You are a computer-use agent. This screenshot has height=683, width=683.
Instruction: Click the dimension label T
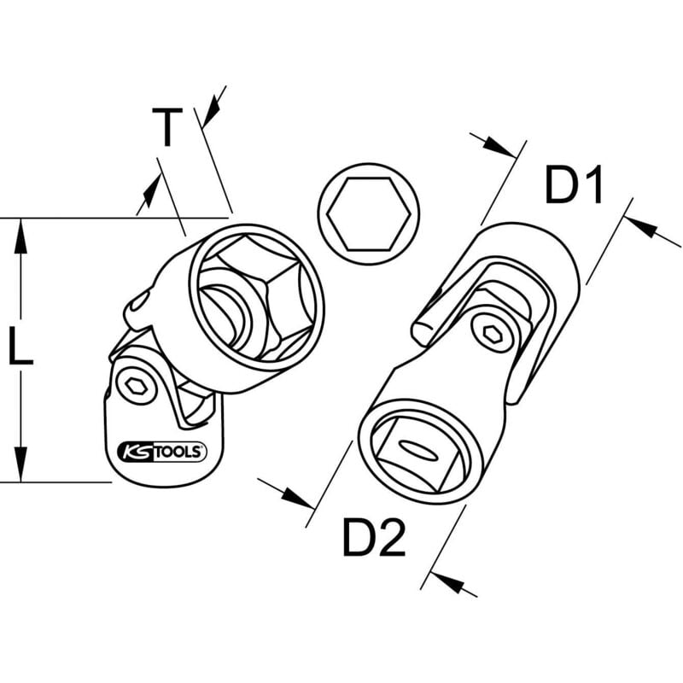click(168, 129)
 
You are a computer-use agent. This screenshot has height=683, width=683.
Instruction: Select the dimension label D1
click(574, 186)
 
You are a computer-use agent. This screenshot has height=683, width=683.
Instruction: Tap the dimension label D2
click(374, 538)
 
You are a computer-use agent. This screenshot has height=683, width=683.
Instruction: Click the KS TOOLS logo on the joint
click(160, 452)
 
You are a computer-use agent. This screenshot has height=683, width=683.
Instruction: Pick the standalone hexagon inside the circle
click(368, 208)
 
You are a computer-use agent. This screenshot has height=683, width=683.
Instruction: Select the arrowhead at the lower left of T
click(149, 194)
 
